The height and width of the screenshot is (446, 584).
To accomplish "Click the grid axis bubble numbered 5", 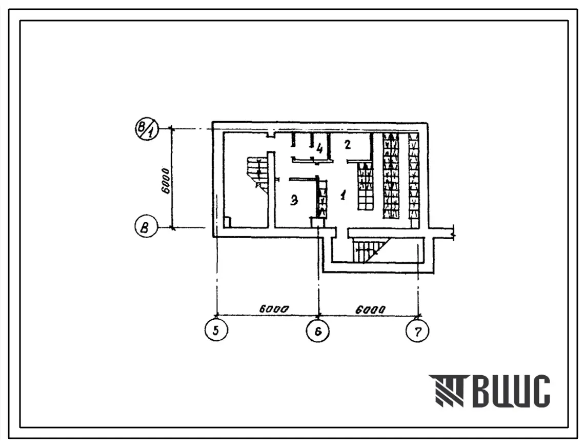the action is pyautogui.click(x=216, y=330).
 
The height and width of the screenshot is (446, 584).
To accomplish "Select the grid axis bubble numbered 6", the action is pyautogui.click(x=318, y=331).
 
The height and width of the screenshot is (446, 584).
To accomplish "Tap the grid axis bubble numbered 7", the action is pyautogui.click(x=418, y=331).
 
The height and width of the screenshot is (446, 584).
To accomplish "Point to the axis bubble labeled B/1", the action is pyautogui.click(x=147, y=129).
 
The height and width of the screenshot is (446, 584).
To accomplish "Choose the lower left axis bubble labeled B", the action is pyautogui.click(x=146, y=227).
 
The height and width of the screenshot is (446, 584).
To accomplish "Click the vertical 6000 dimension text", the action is pyautogui.click(x=166, y=181).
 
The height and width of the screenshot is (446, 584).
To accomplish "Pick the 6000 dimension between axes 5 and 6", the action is pyautogui.click(x=274, y=309).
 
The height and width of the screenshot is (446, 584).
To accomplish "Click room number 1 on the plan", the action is pyautogui.click(x=344, y=194).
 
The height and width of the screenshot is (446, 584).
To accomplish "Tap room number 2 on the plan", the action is pyautogui.click(x=348, y=145).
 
